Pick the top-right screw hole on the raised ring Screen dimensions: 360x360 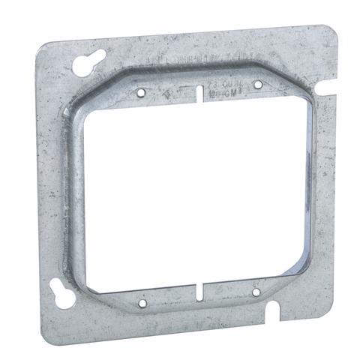tap(258, 83)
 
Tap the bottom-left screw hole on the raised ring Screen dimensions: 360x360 tap(142, 303)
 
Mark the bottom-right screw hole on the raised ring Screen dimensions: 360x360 tap(256, 291)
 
